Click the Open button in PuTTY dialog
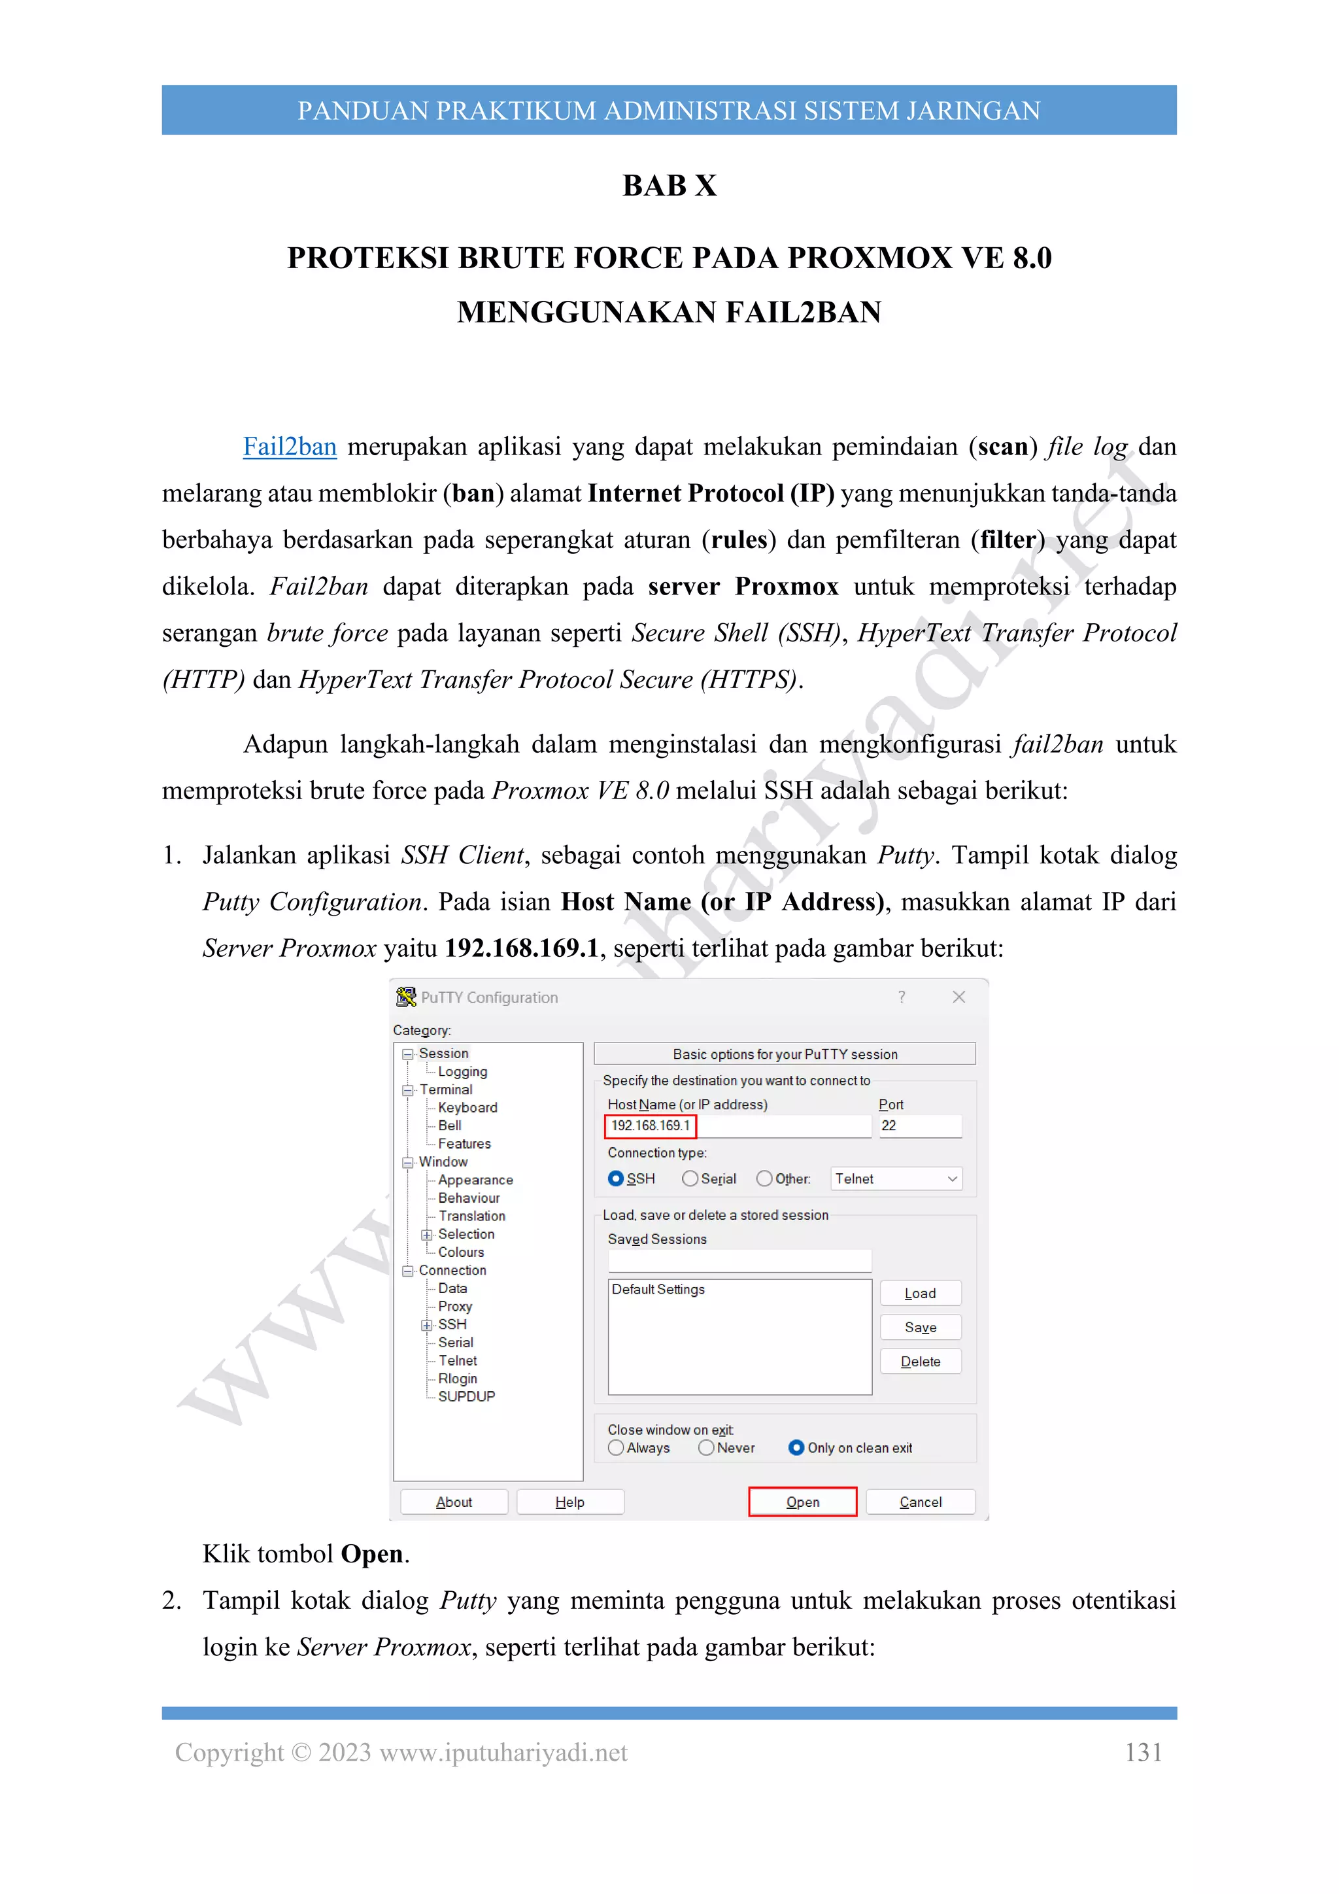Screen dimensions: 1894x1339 point(802,1502)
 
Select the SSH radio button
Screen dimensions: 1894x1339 point(616,1178)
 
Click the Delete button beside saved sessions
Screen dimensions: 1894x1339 point(919,1361)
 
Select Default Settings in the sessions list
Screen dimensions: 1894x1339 point(658,1288)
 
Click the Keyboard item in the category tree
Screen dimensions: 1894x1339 point(467,1107)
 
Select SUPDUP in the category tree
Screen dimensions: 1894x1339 point(466,1396)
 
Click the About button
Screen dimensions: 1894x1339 point(454,1502)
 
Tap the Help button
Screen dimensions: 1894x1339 point(569,1502)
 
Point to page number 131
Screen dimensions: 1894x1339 point(1143,1751)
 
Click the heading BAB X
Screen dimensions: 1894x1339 point(669,186)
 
